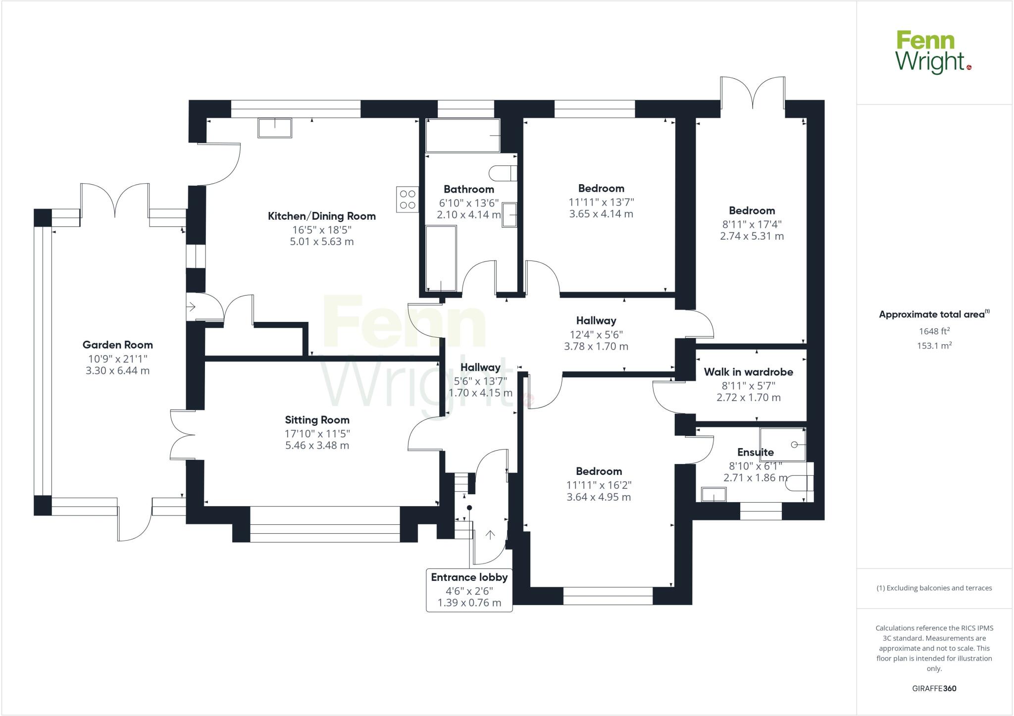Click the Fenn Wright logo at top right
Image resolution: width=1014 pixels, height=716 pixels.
pyautogui.click(x=933, y=52)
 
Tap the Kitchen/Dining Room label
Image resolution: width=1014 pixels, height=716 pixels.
pyautogui.click(x=322, y=216)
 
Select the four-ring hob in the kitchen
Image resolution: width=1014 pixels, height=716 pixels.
pyautogui.click(x=407, y=200)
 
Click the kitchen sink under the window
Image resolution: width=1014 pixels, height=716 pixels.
pyautogui.click(x=275, y=128)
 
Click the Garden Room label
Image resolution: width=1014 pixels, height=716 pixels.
pyautogui.click(x=117, y=345)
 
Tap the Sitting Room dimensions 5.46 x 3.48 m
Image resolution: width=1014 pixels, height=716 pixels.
pyautogui.click(x=317, y=445)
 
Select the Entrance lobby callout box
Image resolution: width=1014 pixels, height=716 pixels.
pyautogui.click(x=469, y=590)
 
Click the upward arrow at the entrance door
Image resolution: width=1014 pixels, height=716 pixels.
pyautogui.click(x=490, y=535)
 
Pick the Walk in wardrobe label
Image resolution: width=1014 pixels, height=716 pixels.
pyautogui.click(x=748, y=372)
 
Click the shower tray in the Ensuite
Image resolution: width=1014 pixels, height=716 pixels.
pyautogui.click(x=783, y=445)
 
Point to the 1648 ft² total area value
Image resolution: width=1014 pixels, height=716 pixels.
pyautogui.click(x=934, y=331)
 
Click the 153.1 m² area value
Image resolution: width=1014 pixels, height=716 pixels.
pyautogui.click(x=934, y=346)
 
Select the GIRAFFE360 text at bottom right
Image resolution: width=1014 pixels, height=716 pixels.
pyautogui.click(x=934, y=688)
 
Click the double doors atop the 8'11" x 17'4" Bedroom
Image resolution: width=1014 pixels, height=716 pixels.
pyautogui.click(x=753, y=94)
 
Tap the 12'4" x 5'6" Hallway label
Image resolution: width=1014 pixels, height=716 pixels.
pyautogui.click(x=596, y=321)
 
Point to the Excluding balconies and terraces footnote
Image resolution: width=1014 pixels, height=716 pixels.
pyautogui.click(x=934, y=588)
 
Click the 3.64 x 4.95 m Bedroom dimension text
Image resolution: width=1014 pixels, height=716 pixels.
pyautogui.click(x=599, y=497)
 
